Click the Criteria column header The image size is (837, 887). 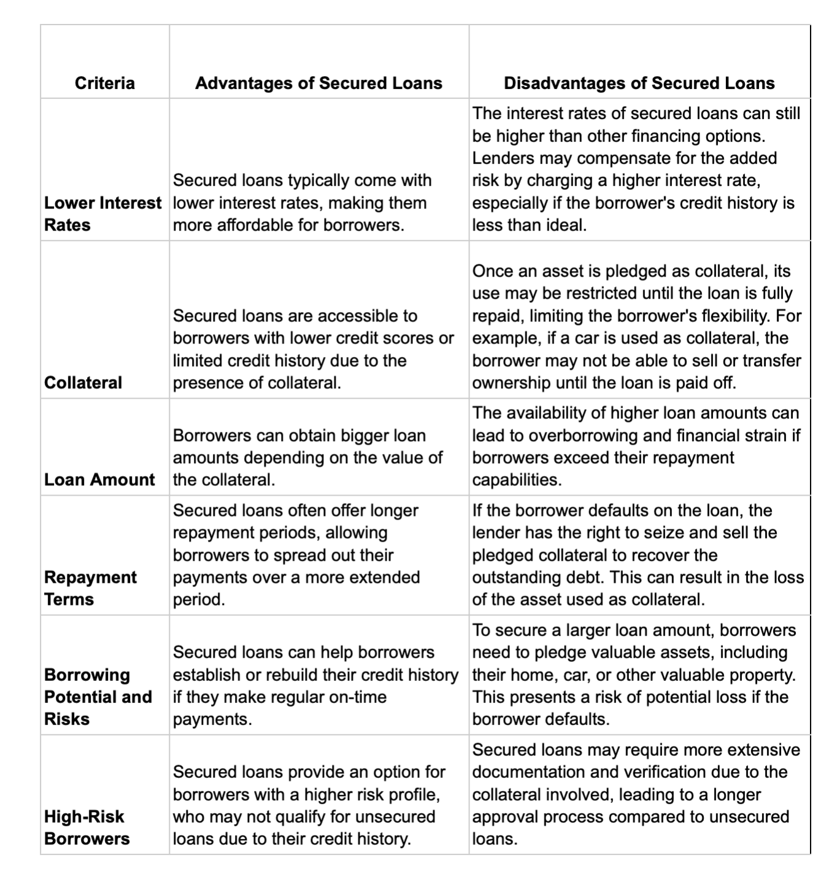[x=104, y=83]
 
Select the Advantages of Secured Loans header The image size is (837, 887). [x=318, y=83]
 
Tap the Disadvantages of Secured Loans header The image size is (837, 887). [x=639, y=83]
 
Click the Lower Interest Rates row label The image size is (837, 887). [x=102, y=213]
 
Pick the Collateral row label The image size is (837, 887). [x=83, y=382]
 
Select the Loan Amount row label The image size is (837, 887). [x=99, y=479]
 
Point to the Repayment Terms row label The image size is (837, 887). [x=90, y=588]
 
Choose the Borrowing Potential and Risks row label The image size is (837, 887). [x=98, y=696]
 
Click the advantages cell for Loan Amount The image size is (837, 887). [x=307, y=458]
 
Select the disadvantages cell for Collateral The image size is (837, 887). [x=636, y=327]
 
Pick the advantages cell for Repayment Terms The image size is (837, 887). [x=296, y=555]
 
